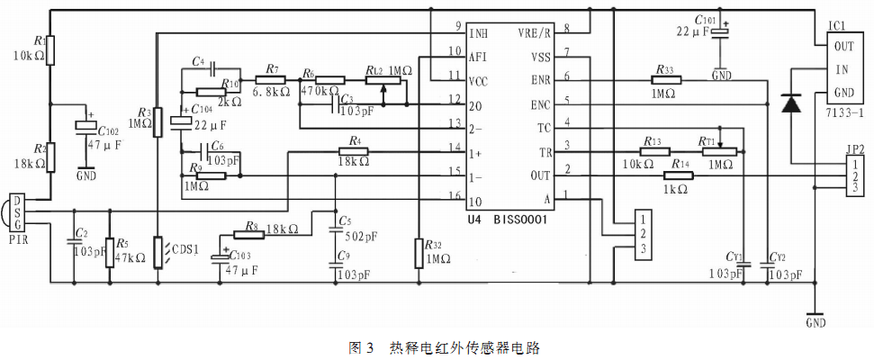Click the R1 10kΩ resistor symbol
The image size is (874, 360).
50,50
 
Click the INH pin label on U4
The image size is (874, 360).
480,33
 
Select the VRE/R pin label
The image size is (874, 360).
536,33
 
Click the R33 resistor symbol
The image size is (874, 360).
665,79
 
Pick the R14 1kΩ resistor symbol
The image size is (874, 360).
679,175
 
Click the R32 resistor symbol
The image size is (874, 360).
419,253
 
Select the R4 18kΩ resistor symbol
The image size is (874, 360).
355,151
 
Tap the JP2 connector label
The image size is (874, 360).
855,148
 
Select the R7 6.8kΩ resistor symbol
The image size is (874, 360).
271,78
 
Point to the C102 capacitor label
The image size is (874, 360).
109,129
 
